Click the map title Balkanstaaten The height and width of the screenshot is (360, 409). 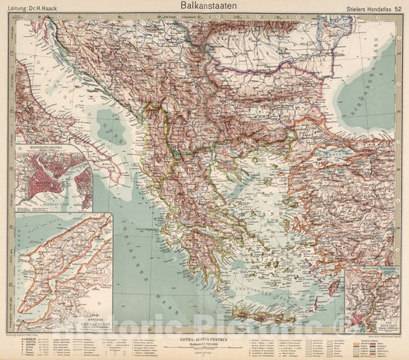point(205,6)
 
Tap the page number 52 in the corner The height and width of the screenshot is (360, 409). point(397,8)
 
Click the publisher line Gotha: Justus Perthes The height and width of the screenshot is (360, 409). point(203,336)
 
